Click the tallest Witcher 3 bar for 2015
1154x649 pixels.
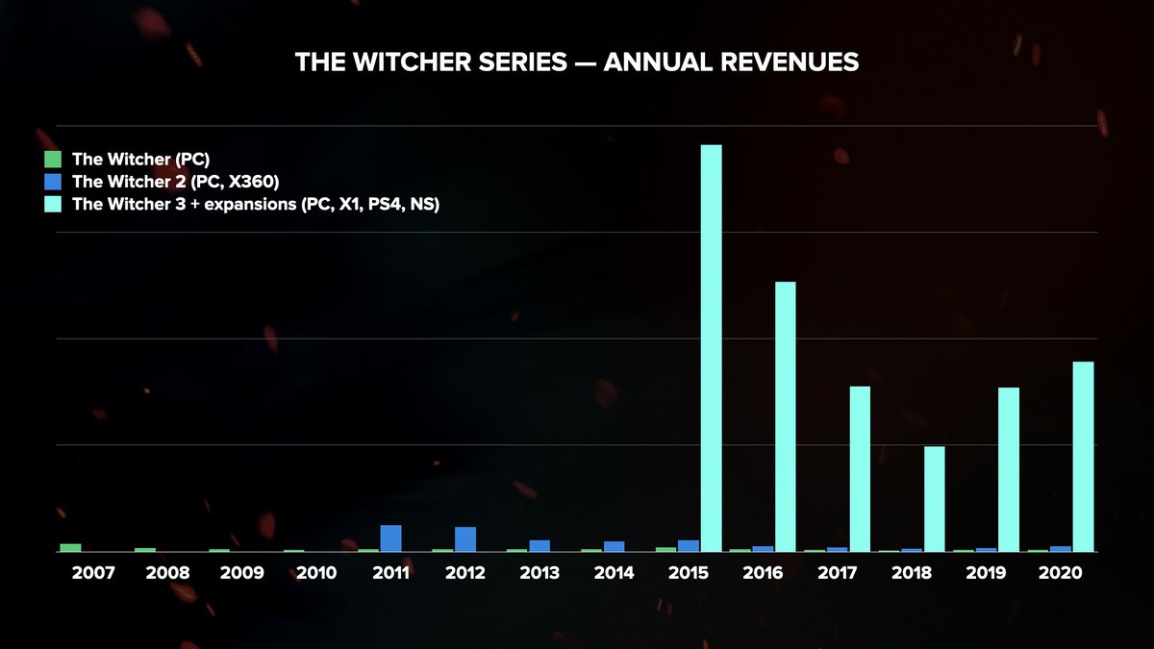[711, 348]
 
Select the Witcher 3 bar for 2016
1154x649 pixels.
[785, 416]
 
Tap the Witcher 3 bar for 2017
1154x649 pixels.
[860, 469]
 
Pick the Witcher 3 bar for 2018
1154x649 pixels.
[934, 499]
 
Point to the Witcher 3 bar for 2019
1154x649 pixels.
[1008, 469]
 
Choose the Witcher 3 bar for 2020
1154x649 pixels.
[1083, 457]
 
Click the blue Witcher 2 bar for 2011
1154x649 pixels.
[390, 538]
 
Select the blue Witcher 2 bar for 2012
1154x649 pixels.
[465, 539]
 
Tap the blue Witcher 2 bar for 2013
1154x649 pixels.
[539, 546]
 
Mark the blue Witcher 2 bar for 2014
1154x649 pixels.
[614, 546]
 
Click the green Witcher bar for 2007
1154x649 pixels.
[70, 547]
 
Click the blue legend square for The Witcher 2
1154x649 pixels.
[53, 182]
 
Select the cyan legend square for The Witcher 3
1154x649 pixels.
[53, 204]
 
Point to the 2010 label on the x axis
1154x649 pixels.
[316, 573]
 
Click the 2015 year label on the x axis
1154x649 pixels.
[689, 573]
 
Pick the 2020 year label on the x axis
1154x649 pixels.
[1061, 573]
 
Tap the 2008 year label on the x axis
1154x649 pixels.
[167, 573]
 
